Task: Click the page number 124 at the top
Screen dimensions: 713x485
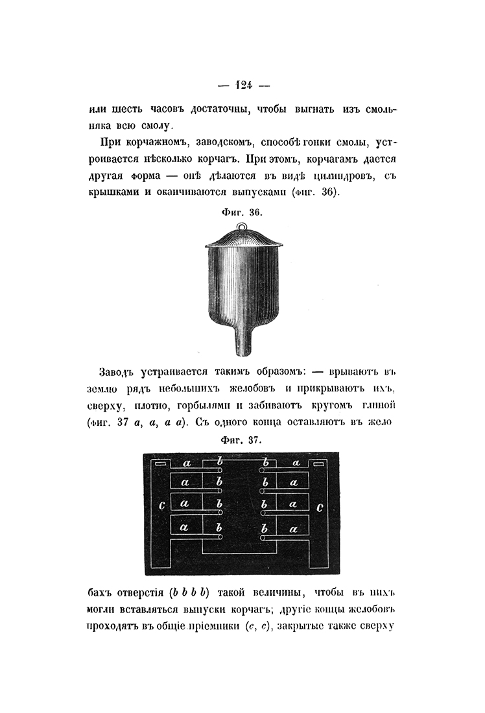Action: pos(244,84)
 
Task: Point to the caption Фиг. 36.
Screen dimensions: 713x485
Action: pos(242,211)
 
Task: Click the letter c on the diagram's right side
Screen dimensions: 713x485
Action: pos(320,508)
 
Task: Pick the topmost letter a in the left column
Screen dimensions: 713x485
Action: pos(187,463)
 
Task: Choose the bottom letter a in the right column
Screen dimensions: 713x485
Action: pos(294,529)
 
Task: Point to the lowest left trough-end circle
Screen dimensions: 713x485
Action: pos(220,538)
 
